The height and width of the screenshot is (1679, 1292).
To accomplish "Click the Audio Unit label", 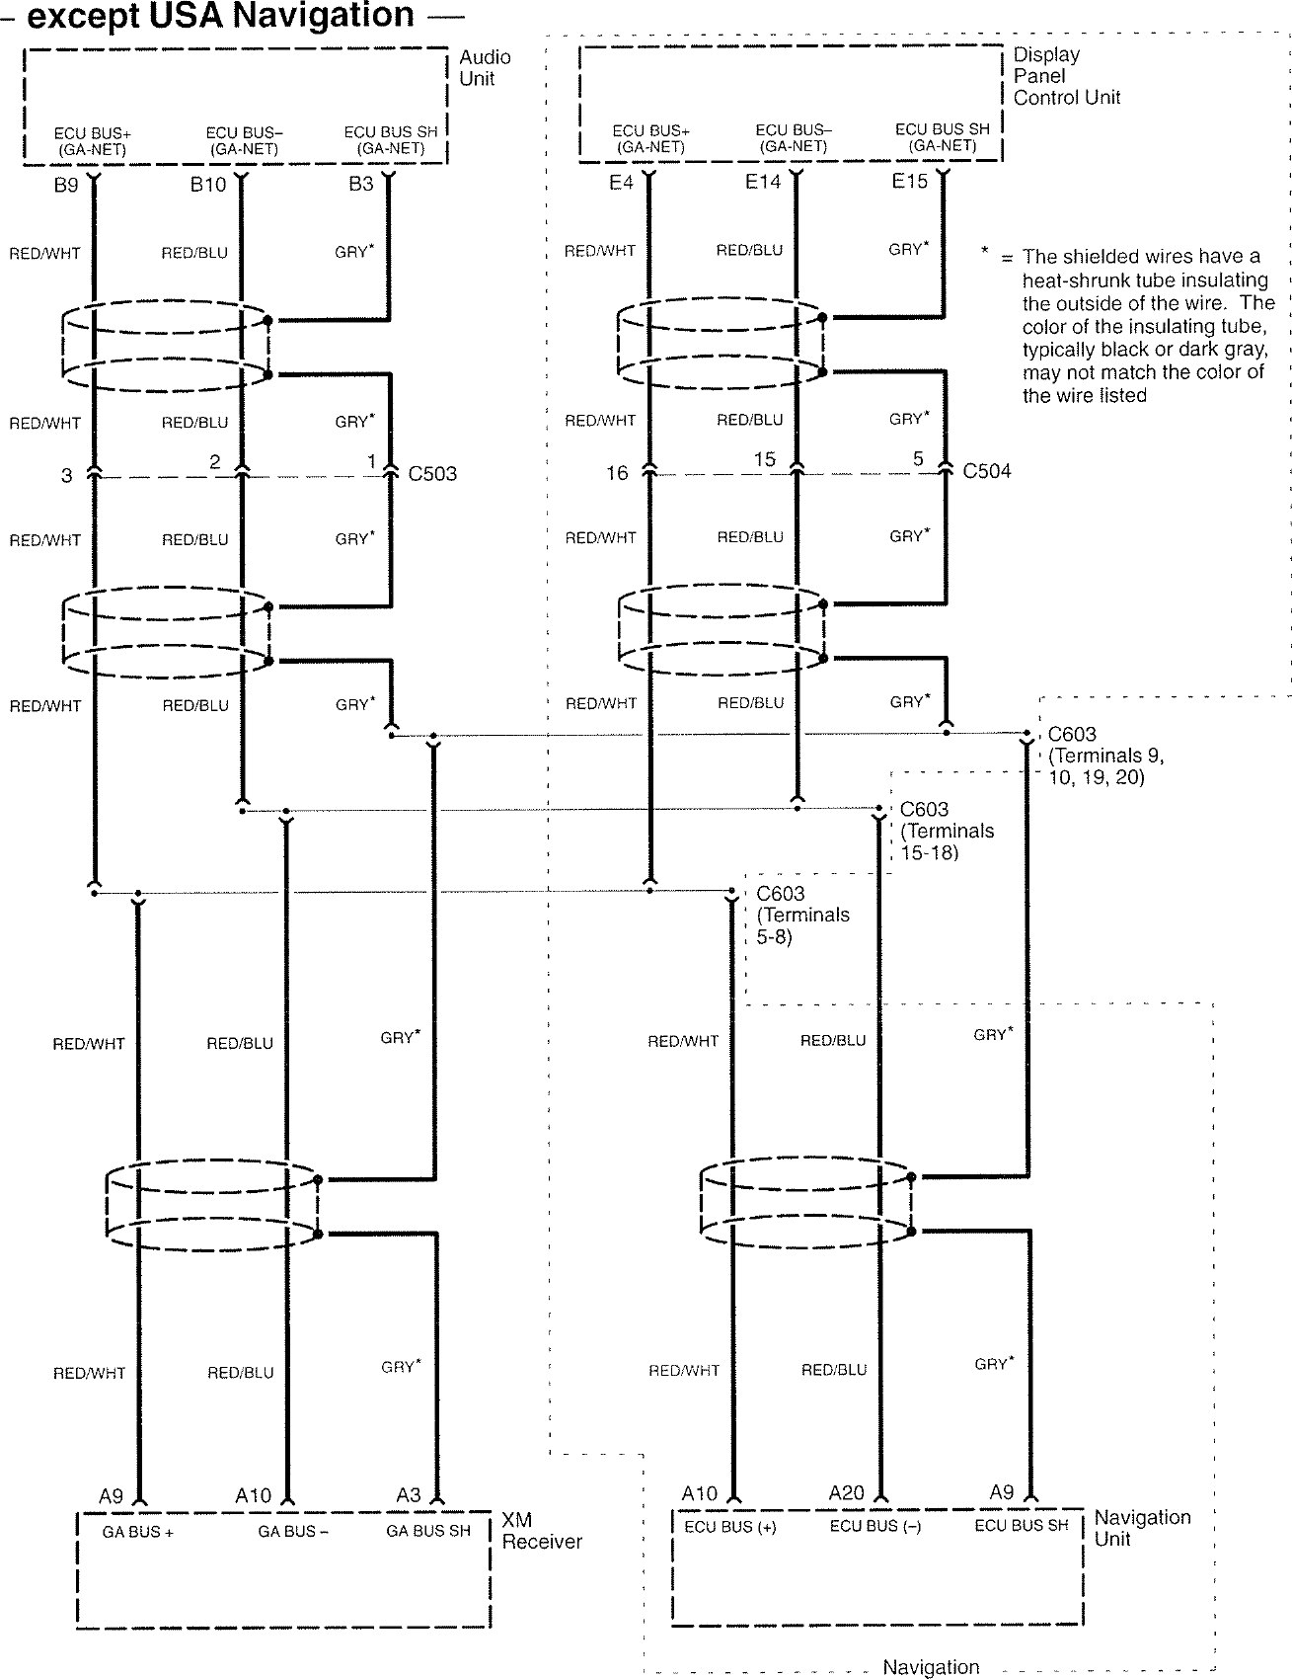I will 485,68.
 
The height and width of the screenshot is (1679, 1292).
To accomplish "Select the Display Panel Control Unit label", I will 1066,76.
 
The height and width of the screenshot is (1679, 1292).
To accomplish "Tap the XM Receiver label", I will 541,1531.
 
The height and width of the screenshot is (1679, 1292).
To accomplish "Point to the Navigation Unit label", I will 1142,1528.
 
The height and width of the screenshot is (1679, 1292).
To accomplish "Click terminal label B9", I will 66,185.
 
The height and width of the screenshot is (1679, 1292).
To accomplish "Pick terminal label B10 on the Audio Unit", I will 208,185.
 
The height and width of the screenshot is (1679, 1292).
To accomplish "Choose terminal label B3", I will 361,184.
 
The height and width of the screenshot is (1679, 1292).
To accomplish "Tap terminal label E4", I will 621,183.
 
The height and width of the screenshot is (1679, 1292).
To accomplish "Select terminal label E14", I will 763,182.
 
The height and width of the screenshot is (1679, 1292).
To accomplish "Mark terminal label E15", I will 909,182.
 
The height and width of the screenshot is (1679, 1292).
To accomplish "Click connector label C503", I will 432,474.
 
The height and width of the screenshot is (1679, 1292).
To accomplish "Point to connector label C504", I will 987,471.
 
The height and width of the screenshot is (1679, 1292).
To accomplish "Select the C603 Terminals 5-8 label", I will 802,915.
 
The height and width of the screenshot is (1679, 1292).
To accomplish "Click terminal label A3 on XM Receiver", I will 409,1495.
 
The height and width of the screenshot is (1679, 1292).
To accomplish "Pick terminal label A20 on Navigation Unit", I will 846,1493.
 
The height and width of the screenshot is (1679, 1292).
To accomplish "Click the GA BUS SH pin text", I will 428,1531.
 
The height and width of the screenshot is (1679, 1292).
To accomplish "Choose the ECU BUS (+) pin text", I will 730,1526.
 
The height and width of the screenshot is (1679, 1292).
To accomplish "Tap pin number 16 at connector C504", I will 617,473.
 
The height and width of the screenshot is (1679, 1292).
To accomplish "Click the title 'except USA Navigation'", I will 220,16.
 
